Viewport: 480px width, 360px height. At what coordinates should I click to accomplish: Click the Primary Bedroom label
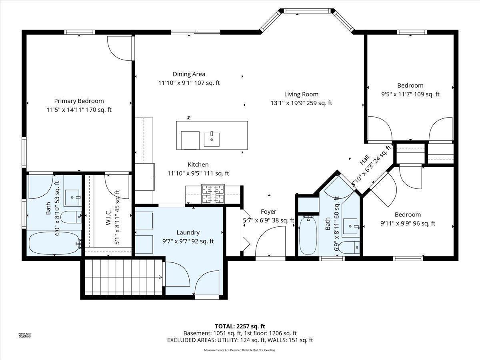pyautogui.click(x=79, y=101)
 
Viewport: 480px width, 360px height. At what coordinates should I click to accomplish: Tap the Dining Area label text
pyautogui.click(x=189, y=74)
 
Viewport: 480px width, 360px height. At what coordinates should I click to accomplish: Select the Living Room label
pyautogui.click(x=301, y=94)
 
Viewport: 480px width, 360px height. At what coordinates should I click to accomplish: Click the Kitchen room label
pyautogui.click(x=198, y=164)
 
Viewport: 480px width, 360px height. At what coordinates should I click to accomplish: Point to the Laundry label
pyautogui.click(x=188, y=232)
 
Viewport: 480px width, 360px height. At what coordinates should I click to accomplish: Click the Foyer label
pyautogui.click(x=268, y=212)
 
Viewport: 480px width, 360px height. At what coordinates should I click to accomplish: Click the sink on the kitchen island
pyautogui.click(x=211, y=140)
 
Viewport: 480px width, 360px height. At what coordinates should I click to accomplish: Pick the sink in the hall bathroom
pyautogui.click(x=350, y=226)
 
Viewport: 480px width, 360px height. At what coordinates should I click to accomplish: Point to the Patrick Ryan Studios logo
pyautogui.click(x=24, y=335)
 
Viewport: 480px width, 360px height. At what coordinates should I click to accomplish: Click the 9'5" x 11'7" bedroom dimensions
pyautogui.click(x=410, y=94)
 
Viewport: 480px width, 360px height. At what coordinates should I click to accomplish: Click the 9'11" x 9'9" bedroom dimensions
pyautogui.click(x=408, y=224)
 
